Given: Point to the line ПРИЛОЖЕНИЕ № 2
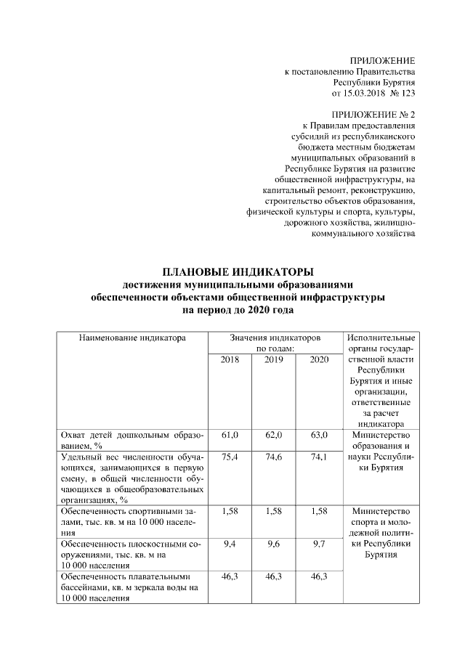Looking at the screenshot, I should [373, 115].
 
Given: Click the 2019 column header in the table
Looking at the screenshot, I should [274, 360].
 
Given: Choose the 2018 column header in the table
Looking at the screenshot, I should [230, 360].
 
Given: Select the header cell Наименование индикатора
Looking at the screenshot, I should [123, 338].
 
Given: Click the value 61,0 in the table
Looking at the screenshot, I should [230, 435].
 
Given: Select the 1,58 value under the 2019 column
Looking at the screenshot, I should [274, 512].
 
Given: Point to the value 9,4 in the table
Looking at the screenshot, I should [230, 544].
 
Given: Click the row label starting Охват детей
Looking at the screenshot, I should [132, 440].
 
